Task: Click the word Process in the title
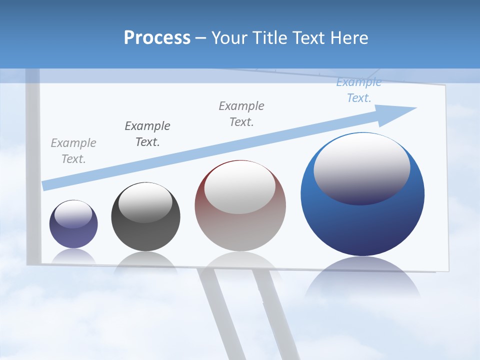[157, 38]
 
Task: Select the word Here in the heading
[348, 38]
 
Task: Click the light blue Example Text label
[358, 90]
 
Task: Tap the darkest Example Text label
[147, 133]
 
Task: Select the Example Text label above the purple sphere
[73, 150]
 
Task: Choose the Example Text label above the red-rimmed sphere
[241, 113]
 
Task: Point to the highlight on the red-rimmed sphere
[239, 187]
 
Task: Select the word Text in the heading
[309, 38]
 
